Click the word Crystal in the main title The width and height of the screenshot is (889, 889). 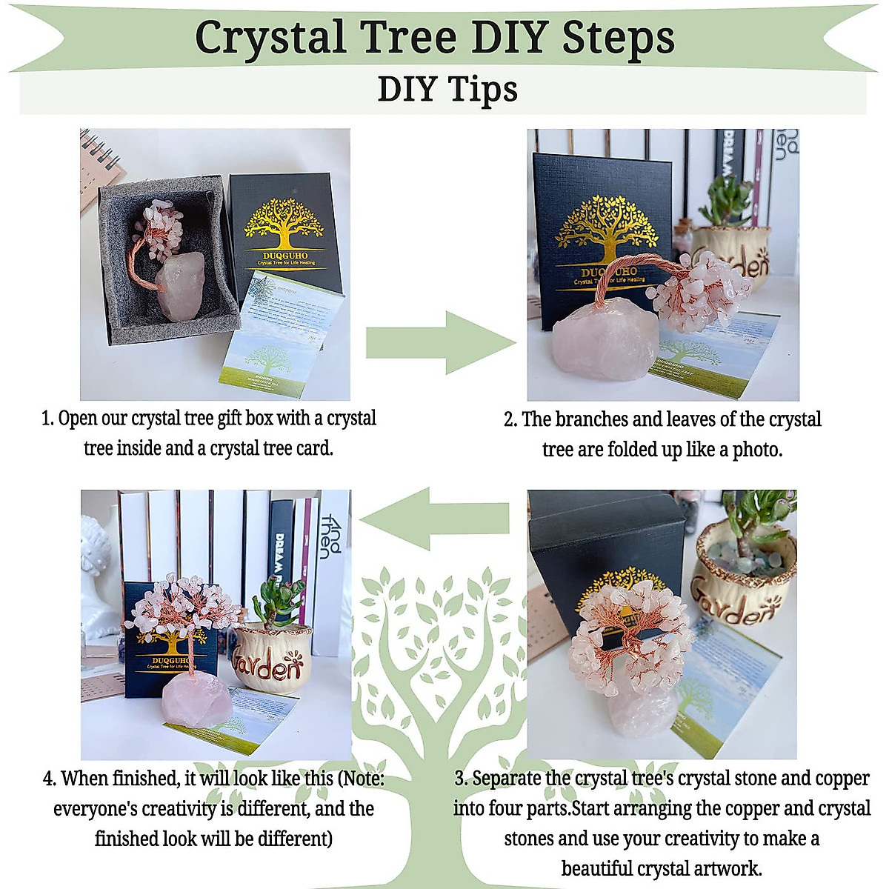(x=270, y=37)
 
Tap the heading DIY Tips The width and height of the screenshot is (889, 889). (x=447, y=90)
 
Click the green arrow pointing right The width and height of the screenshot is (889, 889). (x=440, y=342)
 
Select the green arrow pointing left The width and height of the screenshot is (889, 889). (x=436, y=519)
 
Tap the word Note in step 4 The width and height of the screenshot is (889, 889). (x=359, y=779)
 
